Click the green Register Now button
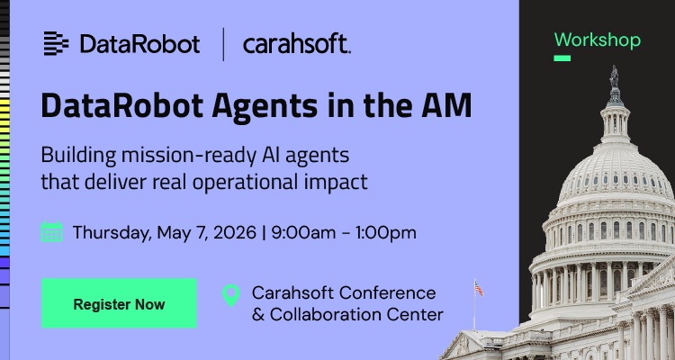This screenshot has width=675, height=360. tap(119, 304)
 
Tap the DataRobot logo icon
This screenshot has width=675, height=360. tap(56, 43)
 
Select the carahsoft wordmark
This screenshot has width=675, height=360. tap(296, 44)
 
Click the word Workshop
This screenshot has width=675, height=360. tap(597, 40)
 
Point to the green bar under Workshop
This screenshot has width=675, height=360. tap(562, 58)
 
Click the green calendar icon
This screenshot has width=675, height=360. tap(52, 232)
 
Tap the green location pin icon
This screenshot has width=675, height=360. tap(231, 296)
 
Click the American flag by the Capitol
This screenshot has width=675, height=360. tap(478, 289)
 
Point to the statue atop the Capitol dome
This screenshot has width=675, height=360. tap(616, 77)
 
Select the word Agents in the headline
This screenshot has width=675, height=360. tap(261, 106)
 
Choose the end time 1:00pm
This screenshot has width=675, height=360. tap(385, 232)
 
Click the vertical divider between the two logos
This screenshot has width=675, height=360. tap(222, 44)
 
